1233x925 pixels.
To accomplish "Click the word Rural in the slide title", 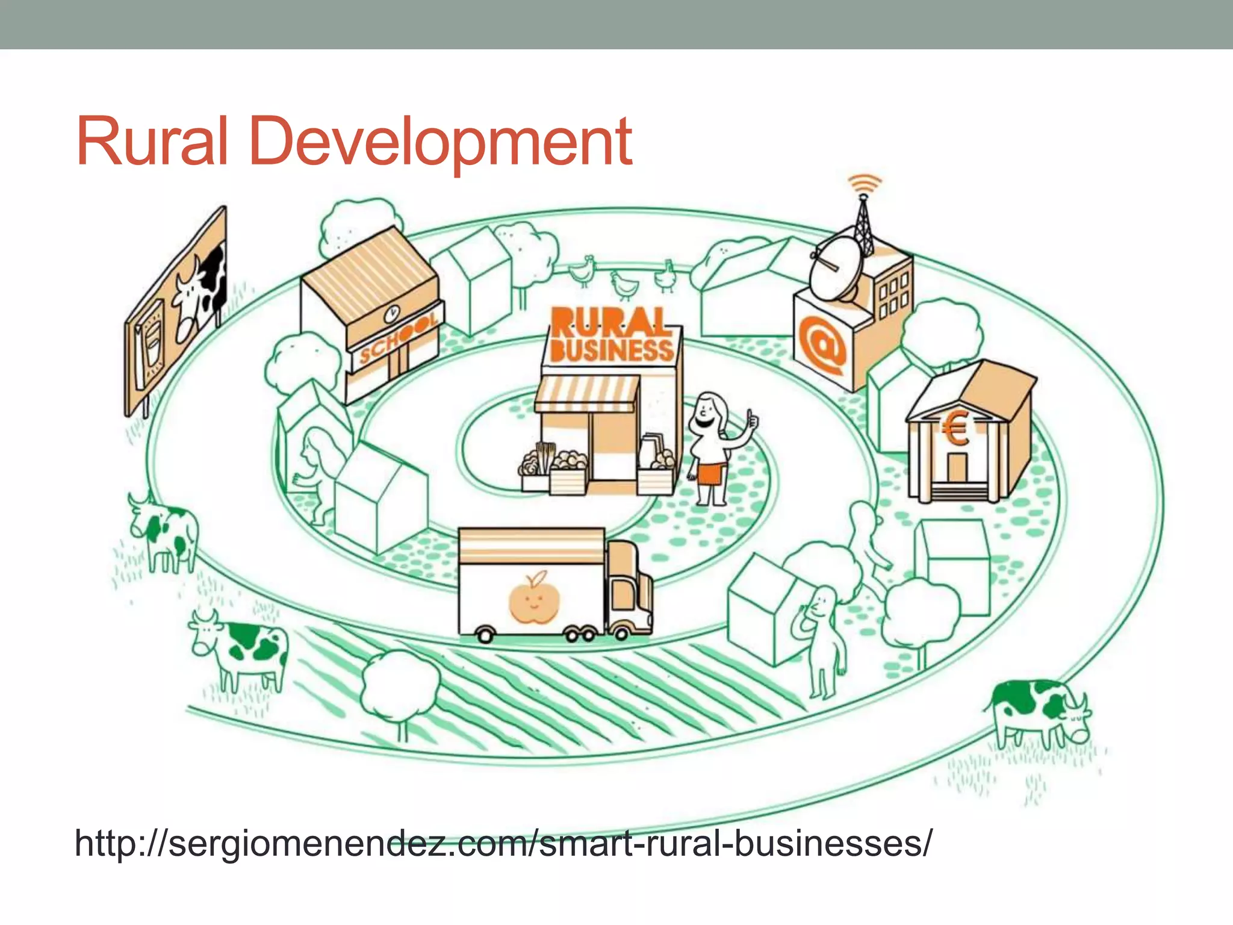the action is (152, 142).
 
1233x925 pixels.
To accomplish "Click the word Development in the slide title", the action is (439, 142).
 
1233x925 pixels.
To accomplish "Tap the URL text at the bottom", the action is (503, 842).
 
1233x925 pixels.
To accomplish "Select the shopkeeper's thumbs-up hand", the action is (751, 419).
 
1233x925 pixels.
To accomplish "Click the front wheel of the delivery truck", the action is (620, 633).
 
